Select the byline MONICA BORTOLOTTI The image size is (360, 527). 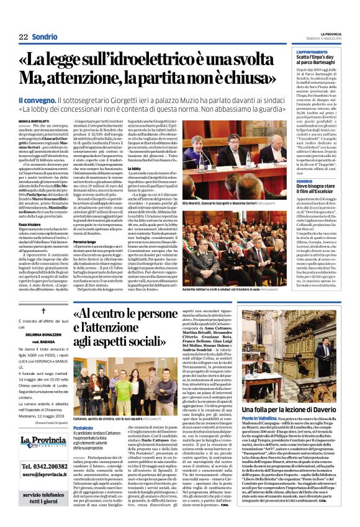(34, 120)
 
